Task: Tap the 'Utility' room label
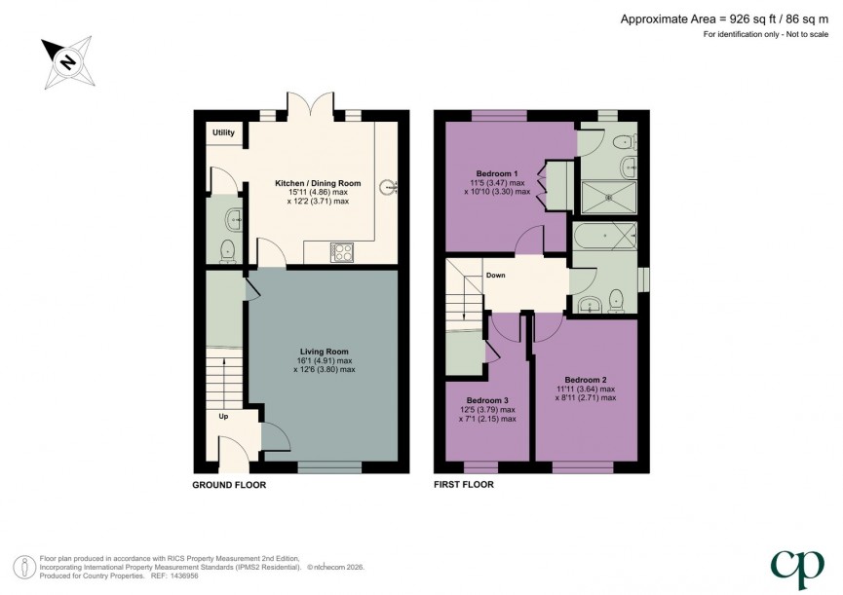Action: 224,132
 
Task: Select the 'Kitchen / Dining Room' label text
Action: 318,183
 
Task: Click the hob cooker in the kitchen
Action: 343,252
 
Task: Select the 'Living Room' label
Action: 324,351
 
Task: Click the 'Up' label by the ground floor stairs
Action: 223,416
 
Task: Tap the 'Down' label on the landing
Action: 495,276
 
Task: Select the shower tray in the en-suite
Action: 607,196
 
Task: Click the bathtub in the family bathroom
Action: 605,237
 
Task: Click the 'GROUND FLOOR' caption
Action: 229,485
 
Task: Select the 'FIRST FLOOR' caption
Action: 464,485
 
